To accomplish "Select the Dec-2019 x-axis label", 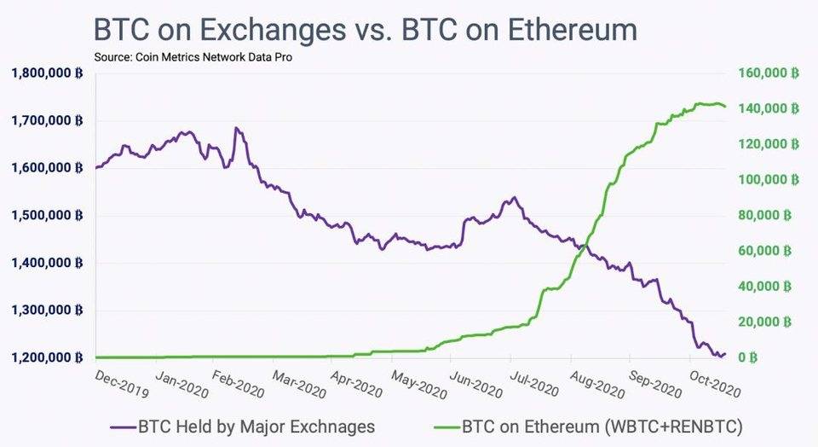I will point(122,384).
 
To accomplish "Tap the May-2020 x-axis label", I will point(418,384).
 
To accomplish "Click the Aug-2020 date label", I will point(596,384).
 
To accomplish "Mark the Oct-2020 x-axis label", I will point(714,384).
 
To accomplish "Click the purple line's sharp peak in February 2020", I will point(235,129).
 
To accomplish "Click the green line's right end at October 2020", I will point(725,107).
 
